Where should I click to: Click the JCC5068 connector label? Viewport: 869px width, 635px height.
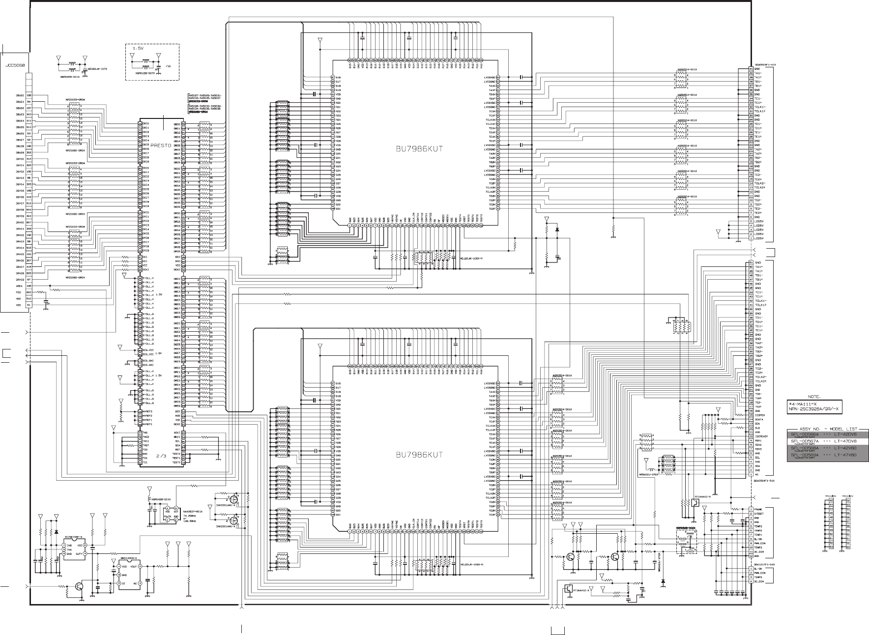[15, 65]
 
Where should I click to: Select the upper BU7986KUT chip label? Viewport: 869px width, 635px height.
[419, 149]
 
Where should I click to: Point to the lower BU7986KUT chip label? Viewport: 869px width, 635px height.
[419, 455]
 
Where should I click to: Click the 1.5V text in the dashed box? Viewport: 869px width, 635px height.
[139, 49]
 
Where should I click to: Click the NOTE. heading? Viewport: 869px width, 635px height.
[817, 396]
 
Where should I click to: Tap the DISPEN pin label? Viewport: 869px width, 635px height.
[761, 415]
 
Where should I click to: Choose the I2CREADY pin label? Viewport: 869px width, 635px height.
[762, 436]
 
